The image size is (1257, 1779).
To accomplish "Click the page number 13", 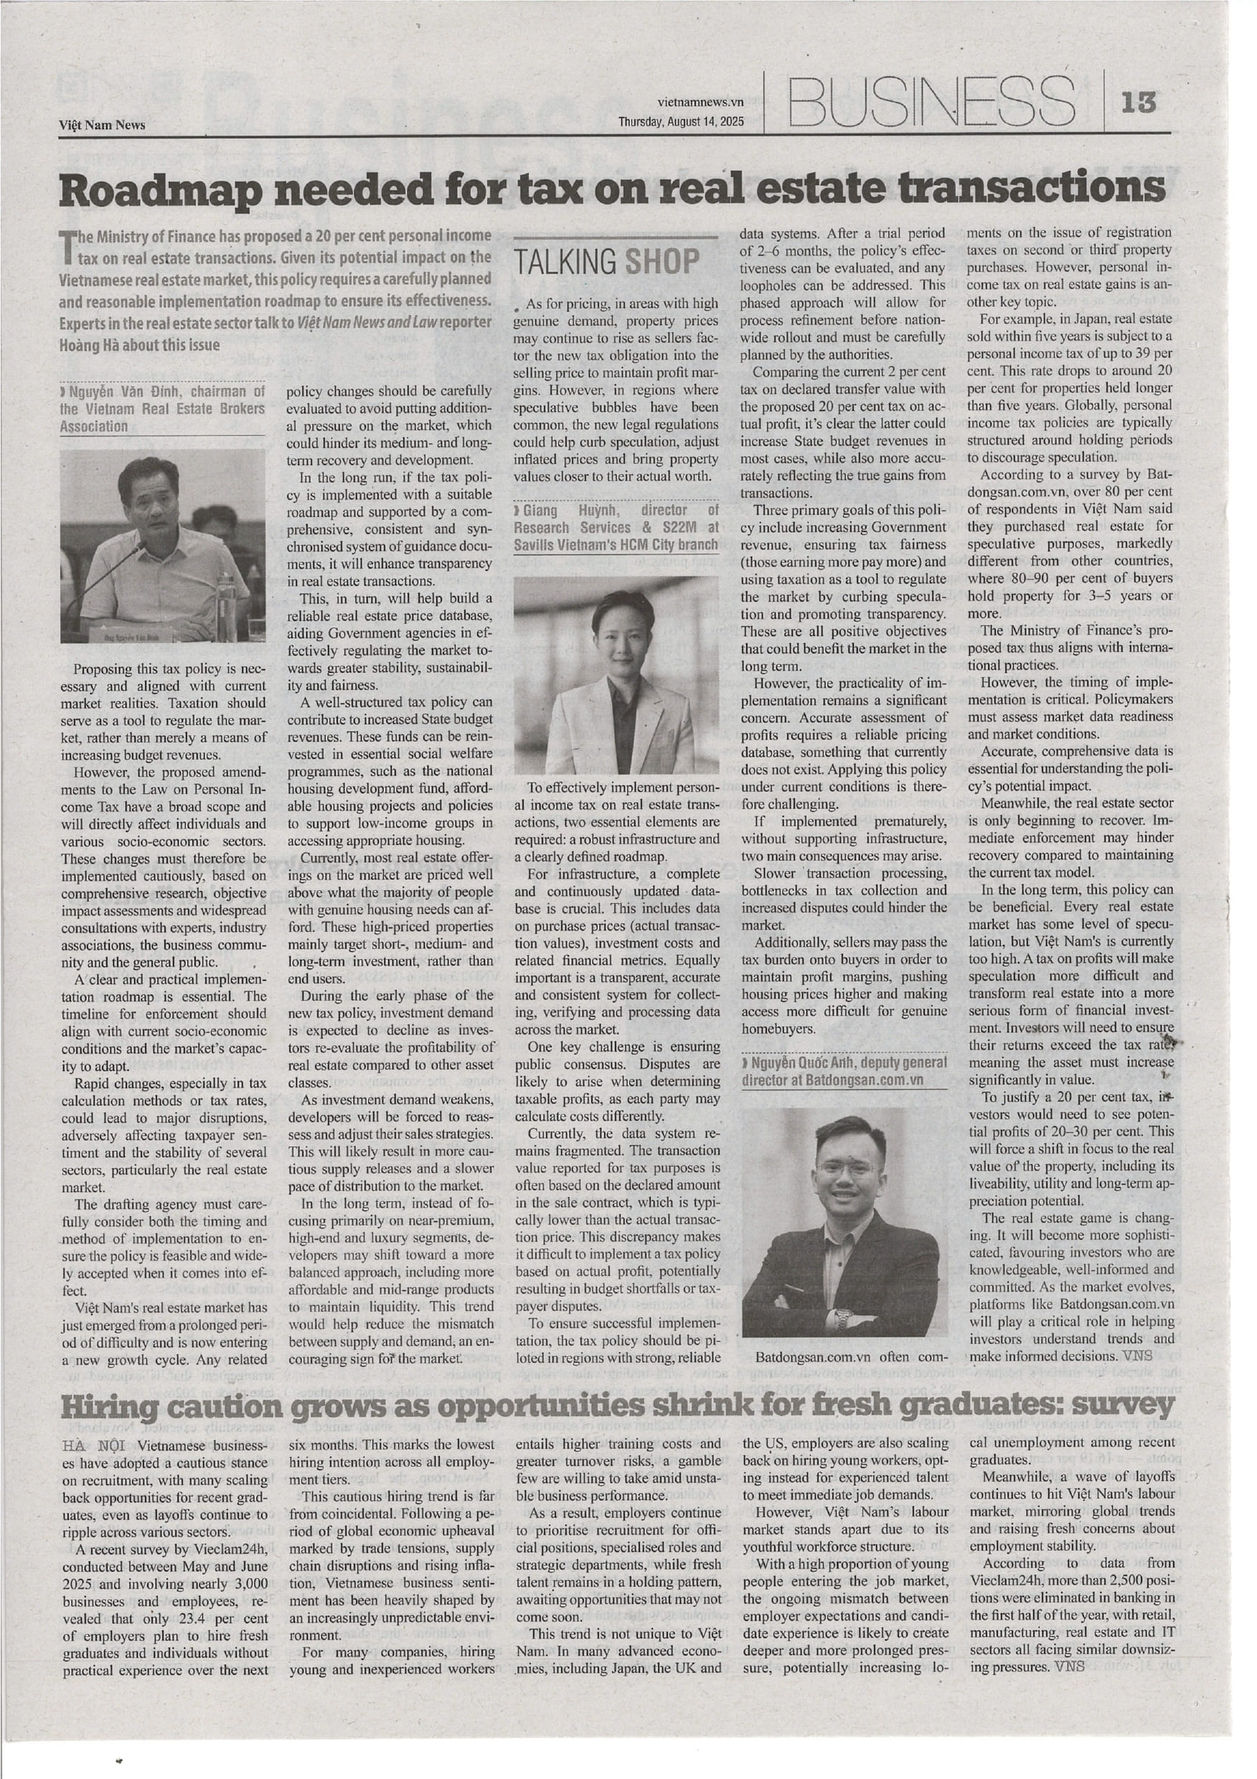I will tap(1137, 101).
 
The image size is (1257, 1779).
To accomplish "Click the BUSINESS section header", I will tap(933, 101).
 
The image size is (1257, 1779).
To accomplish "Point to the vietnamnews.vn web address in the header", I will tap(700, 101).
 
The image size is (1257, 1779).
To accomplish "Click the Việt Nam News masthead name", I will tap(102, 125).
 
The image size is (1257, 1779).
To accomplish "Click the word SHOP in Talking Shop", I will tap(662, 262).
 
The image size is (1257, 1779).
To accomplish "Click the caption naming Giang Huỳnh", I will tap(616, 527).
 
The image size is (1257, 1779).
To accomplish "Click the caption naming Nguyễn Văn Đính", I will tap(162, 408).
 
